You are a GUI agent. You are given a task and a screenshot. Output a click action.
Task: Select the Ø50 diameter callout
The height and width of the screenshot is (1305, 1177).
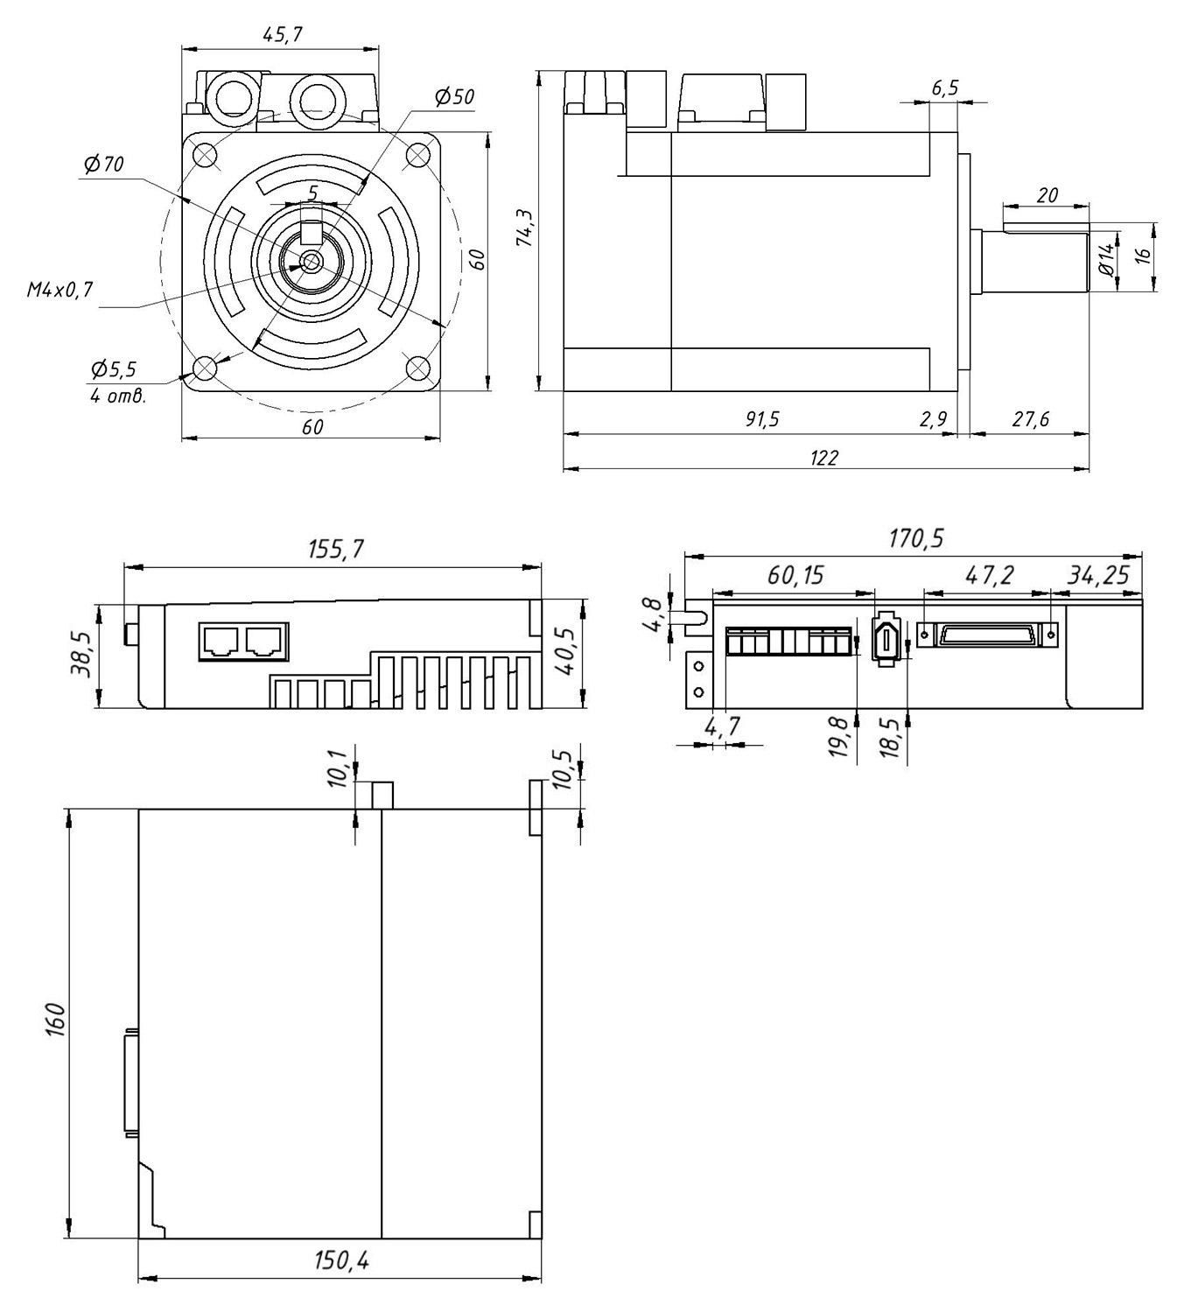pos(454,97)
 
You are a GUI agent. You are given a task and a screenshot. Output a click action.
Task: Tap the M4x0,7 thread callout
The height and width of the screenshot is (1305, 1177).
pos(60,290)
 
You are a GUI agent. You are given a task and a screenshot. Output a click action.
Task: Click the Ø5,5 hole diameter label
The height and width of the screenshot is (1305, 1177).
pos(113,368)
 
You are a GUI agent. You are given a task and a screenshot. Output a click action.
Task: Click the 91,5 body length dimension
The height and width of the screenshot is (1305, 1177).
pos(761,419)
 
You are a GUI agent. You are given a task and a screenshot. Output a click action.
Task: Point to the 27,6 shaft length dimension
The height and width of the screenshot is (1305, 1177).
pos(1030,419)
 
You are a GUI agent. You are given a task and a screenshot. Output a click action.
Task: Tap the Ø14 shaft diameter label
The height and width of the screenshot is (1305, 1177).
pos(1106,260)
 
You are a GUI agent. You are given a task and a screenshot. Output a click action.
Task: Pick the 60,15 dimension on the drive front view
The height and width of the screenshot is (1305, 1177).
pos(795,575)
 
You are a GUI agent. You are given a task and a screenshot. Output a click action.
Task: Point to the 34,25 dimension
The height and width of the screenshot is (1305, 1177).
pos(1098,575)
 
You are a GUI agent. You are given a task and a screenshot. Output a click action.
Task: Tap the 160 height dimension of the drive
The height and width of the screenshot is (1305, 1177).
pos(53,1020)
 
